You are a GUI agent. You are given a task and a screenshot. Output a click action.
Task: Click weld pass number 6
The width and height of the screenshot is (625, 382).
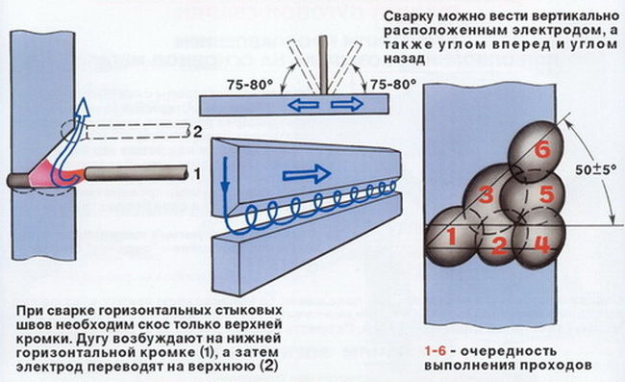(541, 149)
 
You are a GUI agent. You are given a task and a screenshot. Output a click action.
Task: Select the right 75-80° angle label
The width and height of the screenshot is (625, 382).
(382, 85)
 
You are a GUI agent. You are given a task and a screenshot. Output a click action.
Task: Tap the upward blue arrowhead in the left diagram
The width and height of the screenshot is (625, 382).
(84, 107)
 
